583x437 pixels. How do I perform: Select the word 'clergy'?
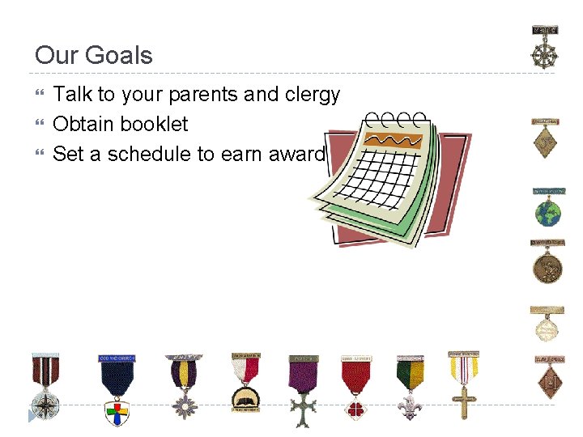313,95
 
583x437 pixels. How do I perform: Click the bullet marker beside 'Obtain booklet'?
40,125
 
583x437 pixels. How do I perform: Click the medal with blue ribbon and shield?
117,388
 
